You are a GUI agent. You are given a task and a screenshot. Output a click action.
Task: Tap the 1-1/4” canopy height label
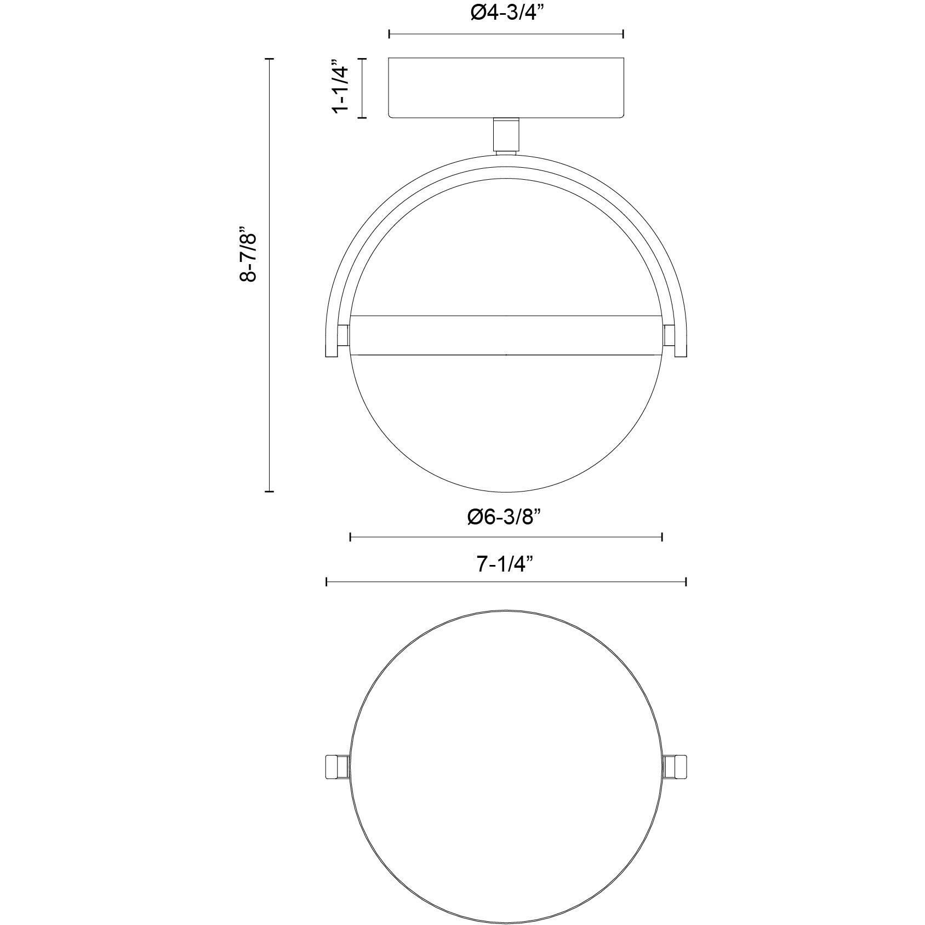(340, 87)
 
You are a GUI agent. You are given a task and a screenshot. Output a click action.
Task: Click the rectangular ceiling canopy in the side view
(506, 87)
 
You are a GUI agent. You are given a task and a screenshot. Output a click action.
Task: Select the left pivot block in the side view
(344, 335)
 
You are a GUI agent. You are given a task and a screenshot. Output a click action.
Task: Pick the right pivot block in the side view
(669, 335)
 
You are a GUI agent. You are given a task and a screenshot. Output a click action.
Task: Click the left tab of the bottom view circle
(336, 767)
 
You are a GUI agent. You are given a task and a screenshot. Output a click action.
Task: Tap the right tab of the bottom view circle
(675, 767)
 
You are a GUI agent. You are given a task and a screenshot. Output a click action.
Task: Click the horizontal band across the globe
(506, 335)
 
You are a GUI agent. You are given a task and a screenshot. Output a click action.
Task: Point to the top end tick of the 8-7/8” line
(269, 58)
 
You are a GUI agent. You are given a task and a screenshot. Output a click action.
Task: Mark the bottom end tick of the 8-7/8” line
(269, 492)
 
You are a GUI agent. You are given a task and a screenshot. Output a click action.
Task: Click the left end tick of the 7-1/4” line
(327, 582)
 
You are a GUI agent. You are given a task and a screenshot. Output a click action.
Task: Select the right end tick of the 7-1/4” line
(686, 582)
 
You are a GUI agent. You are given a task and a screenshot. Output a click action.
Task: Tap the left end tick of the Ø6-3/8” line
(350, 536)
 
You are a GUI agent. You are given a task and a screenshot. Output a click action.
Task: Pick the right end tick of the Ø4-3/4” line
(624, 35)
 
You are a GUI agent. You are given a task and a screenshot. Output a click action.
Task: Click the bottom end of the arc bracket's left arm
(332, 357)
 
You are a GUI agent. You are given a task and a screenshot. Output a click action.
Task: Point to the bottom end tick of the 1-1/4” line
(362, 117)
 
